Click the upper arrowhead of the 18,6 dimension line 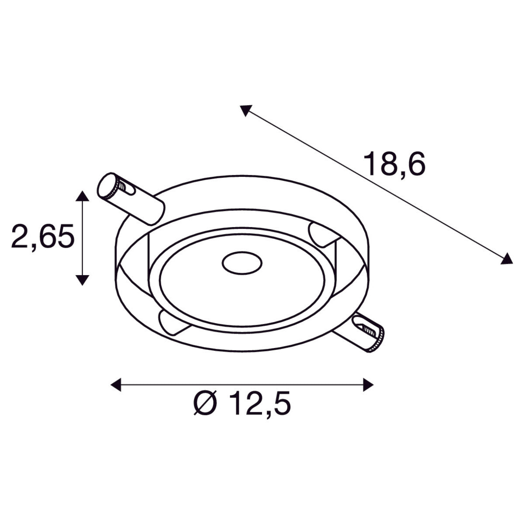click(245, 110)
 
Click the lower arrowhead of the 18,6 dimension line click(507, 259)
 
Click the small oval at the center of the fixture click(241, 263)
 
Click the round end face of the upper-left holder click(106, 186)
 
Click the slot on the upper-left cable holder click(128, 188)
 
